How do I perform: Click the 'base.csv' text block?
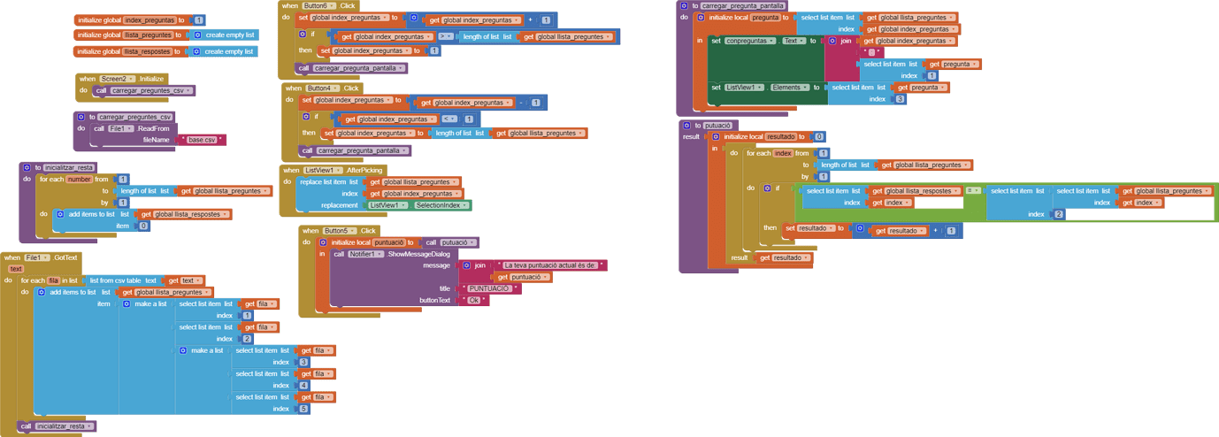point(203,140)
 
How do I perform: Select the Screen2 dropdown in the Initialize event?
point(118,79)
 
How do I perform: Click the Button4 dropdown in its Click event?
point(322,88)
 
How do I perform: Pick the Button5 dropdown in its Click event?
point(339,231)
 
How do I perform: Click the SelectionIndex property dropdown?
point(441,205)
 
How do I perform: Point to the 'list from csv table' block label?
point(116,280)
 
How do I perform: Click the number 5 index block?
point(303,409)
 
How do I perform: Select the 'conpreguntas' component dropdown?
point(749,41)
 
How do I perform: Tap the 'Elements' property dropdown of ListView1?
point(788,88)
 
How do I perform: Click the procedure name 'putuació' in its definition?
point(717,126)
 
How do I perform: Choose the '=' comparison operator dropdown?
point(973,191)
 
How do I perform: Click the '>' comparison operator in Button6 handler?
point(446,37)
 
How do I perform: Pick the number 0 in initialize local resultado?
point(819,137)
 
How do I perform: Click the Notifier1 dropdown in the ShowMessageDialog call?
point(366,254)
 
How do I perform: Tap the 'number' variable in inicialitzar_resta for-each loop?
point(80,179)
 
